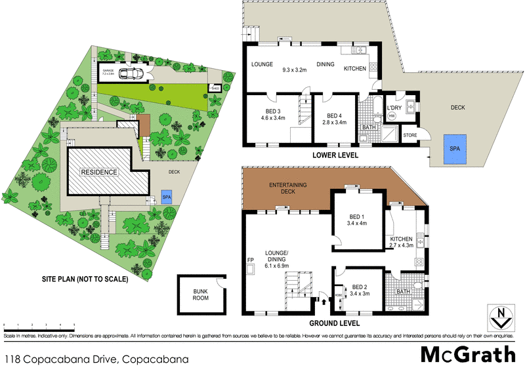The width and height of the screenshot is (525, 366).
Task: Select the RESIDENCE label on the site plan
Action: (98, 172)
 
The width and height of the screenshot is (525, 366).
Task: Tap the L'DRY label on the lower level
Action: (394, 108)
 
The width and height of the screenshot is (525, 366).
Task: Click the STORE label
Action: (410, 136)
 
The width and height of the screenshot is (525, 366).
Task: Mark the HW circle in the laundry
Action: (392, 117)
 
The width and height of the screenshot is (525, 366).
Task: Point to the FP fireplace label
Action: (250, 260)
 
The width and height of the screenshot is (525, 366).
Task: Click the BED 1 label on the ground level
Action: (358, 218)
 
